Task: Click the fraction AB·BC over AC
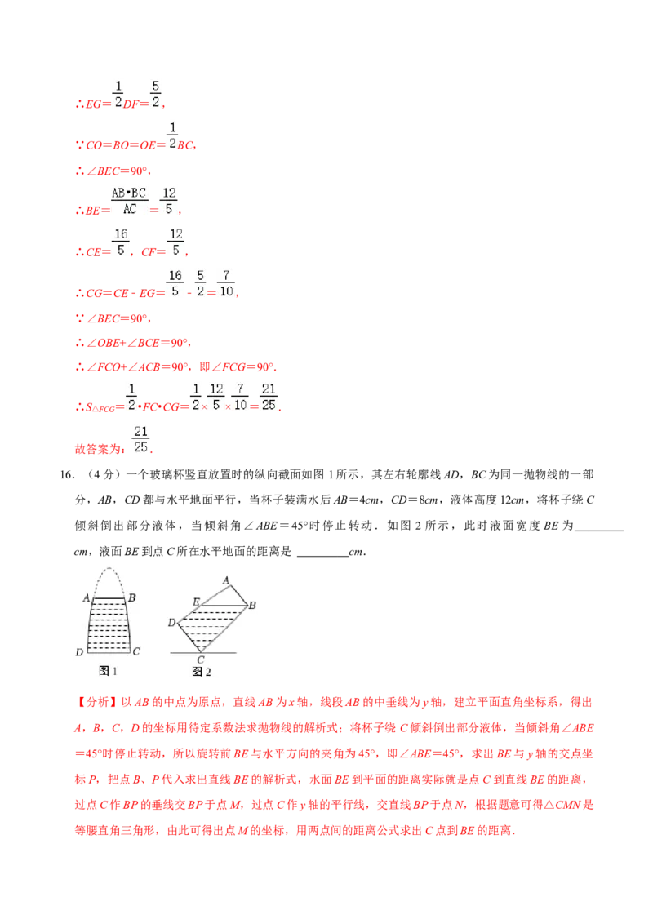(x=128, y=200)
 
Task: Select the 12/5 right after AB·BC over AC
(x=168, y=200)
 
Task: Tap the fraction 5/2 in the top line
(x=155, y=94)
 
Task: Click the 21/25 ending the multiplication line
(x=270, y=395)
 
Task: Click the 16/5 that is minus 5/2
(x=175, y=283)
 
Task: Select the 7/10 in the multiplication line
(x=240, y=395)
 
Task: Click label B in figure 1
(x=132, y=597)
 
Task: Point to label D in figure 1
(x=79, y=652)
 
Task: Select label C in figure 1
(x=136, y=651)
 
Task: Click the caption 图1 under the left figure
(x=108, y=670)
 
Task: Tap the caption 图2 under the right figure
(x=201, y=671)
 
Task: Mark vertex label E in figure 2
(x=196, y=602)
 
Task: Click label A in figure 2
(x=225, y=580)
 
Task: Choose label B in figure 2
(x=252, y=605)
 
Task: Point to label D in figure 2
(x=171, y=623)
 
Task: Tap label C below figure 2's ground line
(x=201, y=659)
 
